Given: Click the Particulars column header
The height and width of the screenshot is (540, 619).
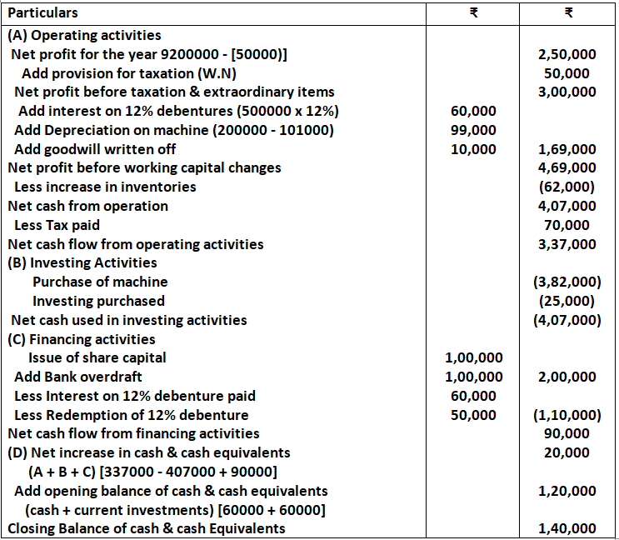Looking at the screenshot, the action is pyautogui.click(x=42, y=13).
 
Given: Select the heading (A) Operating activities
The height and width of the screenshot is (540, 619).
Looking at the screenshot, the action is pyautogui.click(x=84, y=36).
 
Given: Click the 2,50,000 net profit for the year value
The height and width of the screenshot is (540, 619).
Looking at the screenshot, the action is pyautogui.click(x=567, y=54).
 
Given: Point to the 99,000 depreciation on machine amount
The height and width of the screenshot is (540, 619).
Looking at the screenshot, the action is pyautogui.click(x=473, y=130).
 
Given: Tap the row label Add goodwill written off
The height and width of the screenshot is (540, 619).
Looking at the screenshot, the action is pyautogui.click(x=95, y=150).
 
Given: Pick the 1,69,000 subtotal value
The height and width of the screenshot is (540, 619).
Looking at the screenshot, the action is pyautogui.click(x=567, y=150).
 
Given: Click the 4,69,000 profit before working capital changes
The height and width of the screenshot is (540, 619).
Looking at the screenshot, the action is pyautogui.click(x=567, y=167).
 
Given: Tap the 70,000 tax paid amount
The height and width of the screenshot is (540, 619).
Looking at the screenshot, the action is pyautogui.click(x=567, y=225).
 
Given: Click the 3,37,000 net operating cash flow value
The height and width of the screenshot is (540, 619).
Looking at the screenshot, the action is pyautogui.click(x=567, y=245).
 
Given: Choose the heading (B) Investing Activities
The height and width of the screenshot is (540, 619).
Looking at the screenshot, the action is pyautogui.click(x=82, y=262).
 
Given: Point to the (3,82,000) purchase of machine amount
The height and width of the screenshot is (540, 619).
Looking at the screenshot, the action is pyautogui.click(x=567, y=282).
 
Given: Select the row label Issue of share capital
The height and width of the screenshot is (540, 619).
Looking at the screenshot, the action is pyautogui.click(x=97, y=358).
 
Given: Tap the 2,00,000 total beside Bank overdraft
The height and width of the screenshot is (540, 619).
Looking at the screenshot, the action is pyautogui.click(x=567, y=377).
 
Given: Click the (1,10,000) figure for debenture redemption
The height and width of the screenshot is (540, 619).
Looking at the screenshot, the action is pyautogui.click(x=567, y=415).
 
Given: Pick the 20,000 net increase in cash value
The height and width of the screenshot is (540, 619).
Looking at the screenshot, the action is pyautogui.click(x=567, y=452).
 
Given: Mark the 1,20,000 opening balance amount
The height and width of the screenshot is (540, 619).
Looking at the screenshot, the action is pyautogui.click(x=567, y=491).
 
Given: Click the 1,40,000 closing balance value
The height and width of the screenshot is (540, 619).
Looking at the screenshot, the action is pyautogui.click(x=567, y=529).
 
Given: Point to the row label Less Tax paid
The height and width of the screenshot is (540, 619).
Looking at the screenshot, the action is pyautogui.click(x=57, y=225).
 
